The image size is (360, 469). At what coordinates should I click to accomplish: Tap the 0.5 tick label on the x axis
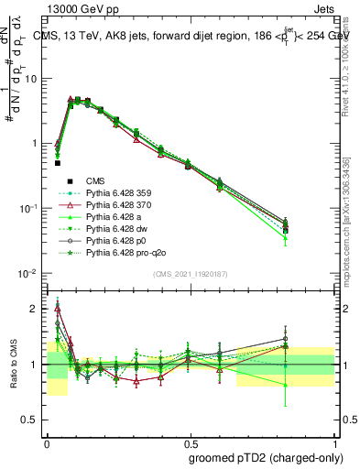click(x=191, y=441)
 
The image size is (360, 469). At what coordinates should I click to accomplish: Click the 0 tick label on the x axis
click(x=47, y=441)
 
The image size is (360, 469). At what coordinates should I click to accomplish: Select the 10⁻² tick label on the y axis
click(x=28, y=274)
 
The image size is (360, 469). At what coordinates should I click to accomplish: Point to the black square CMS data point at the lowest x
click(x=58, y=163)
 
